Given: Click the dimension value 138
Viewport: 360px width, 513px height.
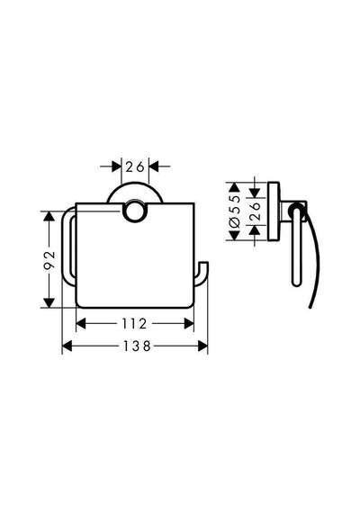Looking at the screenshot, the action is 137,346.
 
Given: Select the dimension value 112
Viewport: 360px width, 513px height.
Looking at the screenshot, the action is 134,324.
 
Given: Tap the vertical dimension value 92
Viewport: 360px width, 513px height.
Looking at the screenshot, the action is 49,260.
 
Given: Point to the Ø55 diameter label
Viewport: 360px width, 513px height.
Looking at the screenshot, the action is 235,211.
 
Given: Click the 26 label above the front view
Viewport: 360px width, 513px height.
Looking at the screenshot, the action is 135,166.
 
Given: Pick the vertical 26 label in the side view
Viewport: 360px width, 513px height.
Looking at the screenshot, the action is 255,211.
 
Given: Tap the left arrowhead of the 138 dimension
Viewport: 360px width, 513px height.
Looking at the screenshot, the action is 67,346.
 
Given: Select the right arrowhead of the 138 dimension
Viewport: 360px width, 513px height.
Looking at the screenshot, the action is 202,346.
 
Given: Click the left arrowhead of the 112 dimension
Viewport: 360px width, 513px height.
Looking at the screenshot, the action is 81,324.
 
